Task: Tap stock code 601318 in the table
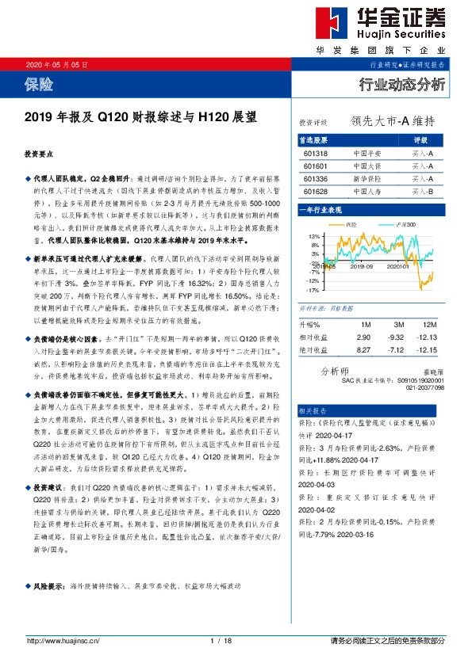coord(315,153)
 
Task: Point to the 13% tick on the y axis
coord(313,237)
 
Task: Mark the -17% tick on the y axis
coord(313,291)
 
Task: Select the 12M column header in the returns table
coord(431,325)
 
